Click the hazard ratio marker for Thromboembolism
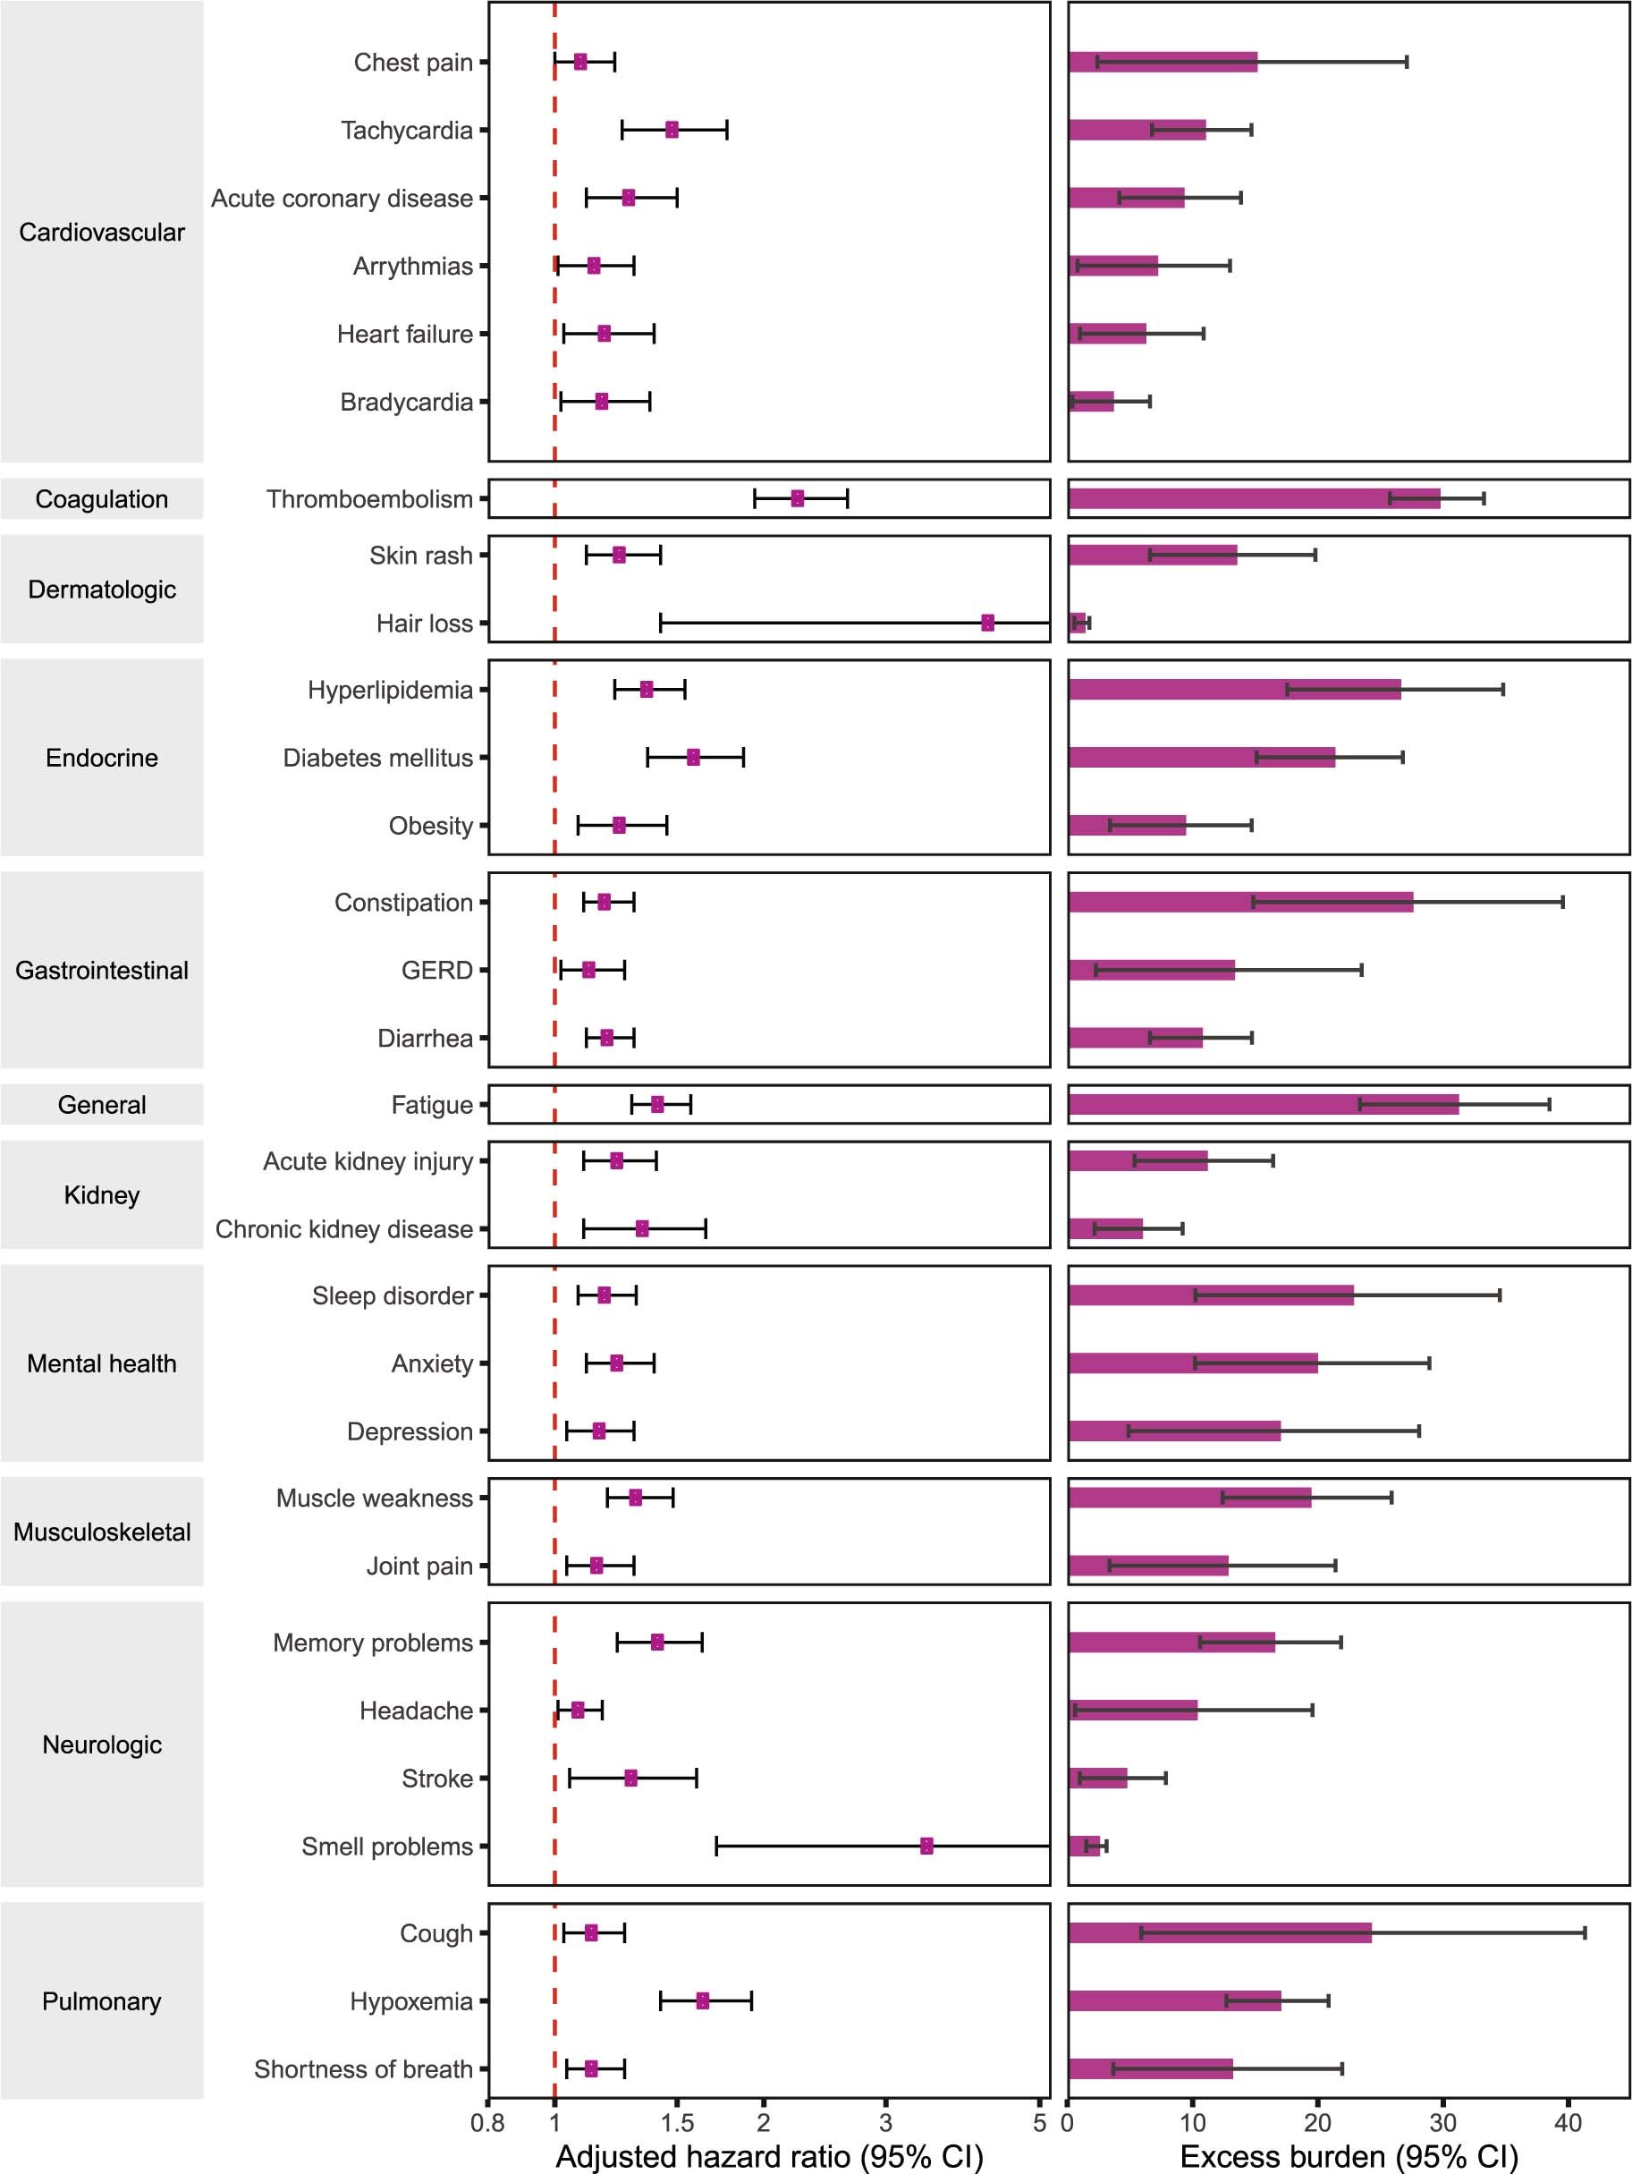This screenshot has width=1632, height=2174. pyautogui.click(x=797, y=498)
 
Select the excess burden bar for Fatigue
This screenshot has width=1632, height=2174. pyautogui.click(x=1263, y=1105)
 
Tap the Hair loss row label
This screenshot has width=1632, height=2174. pyautogui.click(x=425, y=623)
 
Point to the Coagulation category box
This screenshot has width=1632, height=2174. pyautogui.click(x=101, y=499)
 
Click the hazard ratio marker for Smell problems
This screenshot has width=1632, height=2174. pyautogui.click(x=926, y=1846)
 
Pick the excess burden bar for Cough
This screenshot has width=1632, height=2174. pyautogui.click(x=1220, y=1933)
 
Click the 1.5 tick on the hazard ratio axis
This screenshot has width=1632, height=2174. pyautogui.click(x=676, y=2123)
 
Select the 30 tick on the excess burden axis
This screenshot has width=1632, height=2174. pyautogui.click(x=1442, y=2123)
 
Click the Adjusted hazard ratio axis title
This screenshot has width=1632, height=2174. pyautogui.click(x=769, y=2156)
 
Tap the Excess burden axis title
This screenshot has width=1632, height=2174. pyautogui.click(x=1348, y=2156)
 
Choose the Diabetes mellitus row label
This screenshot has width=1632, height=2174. pyautogui.click(x=377, y=758)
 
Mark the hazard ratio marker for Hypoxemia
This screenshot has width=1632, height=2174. pyautogui.click(x=703, y=2001)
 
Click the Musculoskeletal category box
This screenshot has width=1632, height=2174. pyautogui.click(x=101, y=1533)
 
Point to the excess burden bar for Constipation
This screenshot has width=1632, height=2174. pyautogui.click(x=1240, y=902)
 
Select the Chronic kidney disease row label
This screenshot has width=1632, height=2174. pyautogui.click(x=344, y=1229)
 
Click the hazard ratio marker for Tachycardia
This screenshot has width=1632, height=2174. pyautogui.click(x=672, y=130)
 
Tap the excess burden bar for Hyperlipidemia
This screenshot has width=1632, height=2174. pyautogui.click(x=1234, y=690)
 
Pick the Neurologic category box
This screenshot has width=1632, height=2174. pyautogui.click(x=101, y=1745)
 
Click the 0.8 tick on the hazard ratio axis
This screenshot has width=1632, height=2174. pyautogui.click(x=488, y=2123)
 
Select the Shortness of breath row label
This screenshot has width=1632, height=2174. pyautogui.click(x=364, y=2068)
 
